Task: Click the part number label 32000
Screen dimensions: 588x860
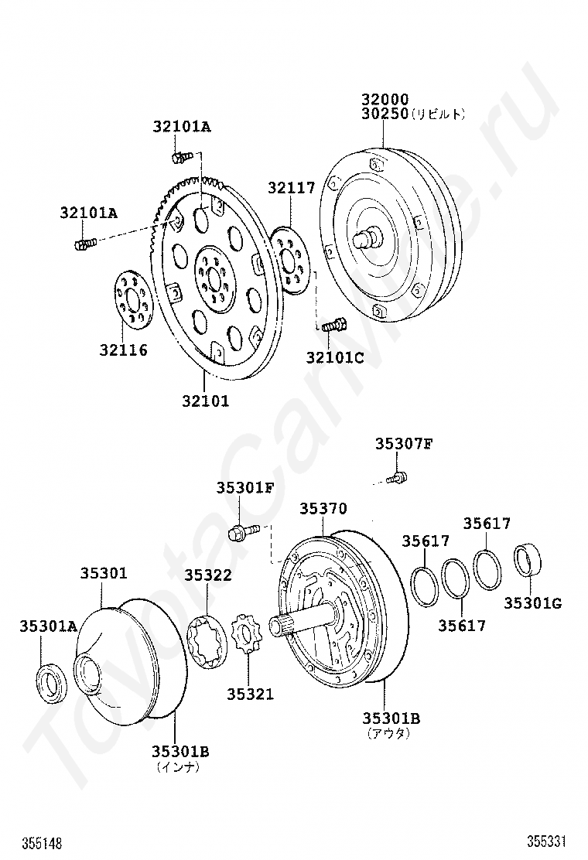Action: [385, 100]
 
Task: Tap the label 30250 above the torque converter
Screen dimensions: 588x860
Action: [385, 114]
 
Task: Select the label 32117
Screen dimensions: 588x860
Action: [291, 188]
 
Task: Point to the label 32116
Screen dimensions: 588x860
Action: [124, 350]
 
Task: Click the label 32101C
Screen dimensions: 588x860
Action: [334, 357]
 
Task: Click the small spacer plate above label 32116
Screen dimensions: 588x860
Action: [133, 299]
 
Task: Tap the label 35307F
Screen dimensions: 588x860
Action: [404, 444]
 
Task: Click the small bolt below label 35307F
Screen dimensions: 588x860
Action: [397, 478]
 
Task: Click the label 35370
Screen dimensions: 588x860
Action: [323, 509]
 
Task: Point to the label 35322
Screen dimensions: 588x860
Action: [208, 575]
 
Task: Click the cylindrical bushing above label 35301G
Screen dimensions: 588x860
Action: [528, 559]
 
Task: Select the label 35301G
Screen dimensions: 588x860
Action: [532, 603]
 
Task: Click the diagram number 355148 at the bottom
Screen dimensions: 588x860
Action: [43, 842]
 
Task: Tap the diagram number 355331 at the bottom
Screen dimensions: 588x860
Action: [546, 841]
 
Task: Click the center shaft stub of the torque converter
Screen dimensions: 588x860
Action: [367, 238]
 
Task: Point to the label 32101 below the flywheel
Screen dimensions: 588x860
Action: [206, 401]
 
